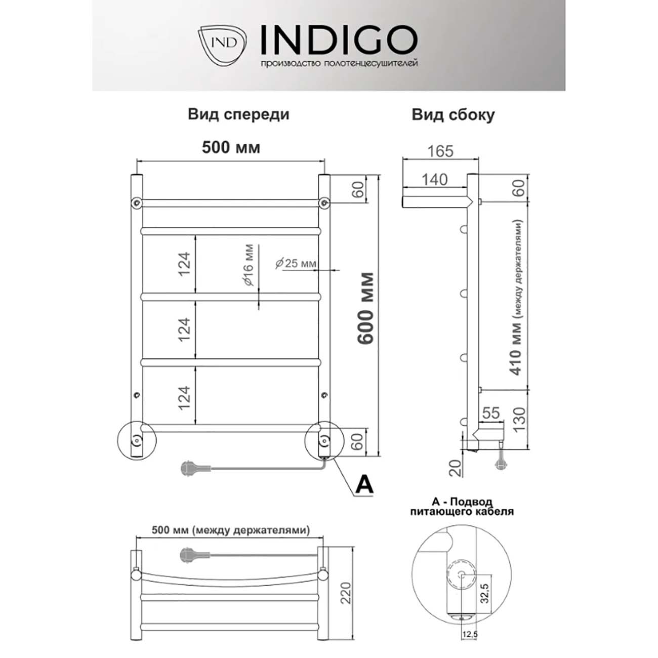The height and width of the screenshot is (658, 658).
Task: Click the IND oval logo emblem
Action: pos(223,43)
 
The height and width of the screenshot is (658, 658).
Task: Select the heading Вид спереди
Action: pos(238,114)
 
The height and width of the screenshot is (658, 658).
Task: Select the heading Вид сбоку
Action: pos(453,115)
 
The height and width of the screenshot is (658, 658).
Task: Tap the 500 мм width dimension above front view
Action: pos(231,147)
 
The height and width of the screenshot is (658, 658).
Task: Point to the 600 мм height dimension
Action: pos(365,308)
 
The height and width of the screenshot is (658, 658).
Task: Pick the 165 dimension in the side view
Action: pos(440,151)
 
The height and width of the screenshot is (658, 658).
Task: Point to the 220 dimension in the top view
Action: pos(345,592)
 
